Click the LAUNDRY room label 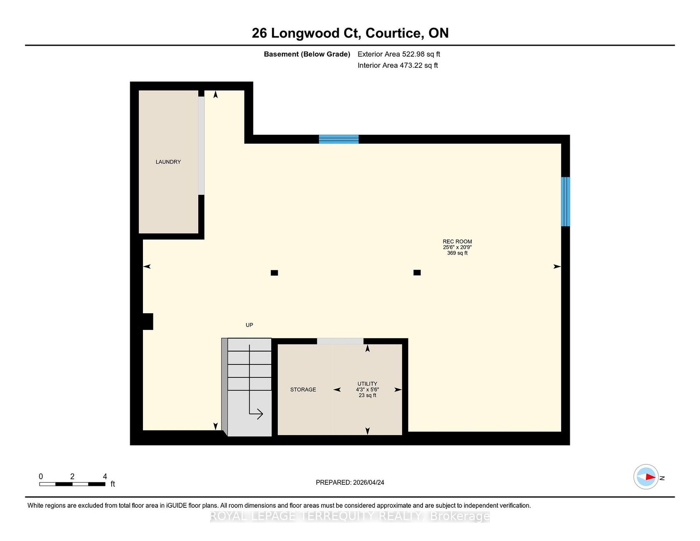click(x=168, y=162)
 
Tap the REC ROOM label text click(x=457, y=242)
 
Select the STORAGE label click(x=303, y=390)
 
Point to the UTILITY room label click(x=367, y=384)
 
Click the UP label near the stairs click(x=249, y=325)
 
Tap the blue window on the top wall click(x=339, y=139)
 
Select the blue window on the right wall click(x=565, y=202)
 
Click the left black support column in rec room click(x=274, y=273)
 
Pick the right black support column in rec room click(x=417, y=272)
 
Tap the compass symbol click(x=646, y=477)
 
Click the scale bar click(x=72, y=484)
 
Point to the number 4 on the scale click(x=105, y=476)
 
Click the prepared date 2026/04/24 click(x=368, y=482)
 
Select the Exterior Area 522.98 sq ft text click(x=399, y=54)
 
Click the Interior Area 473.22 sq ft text click(x=397, y=65)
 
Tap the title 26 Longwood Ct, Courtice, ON click(x=350, y=33)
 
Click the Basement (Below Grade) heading click(x=307, y=54)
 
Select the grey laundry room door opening click(x=201, y=146)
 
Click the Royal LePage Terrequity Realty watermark click(x=350, y=516)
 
